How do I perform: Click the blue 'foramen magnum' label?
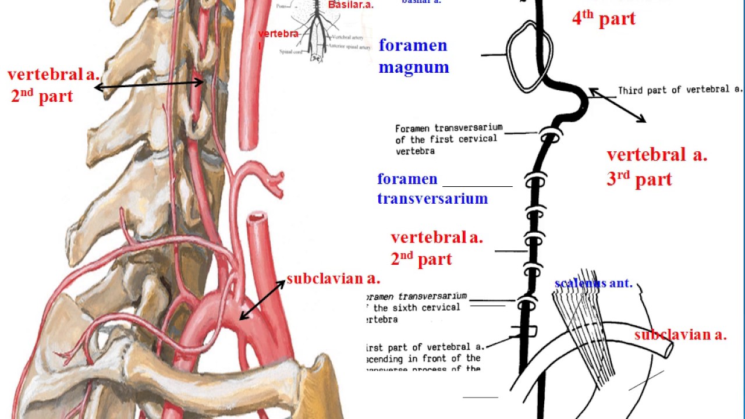tap(414, 56)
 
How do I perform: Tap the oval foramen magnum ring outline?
tap(507, 44)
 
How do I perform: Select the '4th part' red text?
tap(604, 18)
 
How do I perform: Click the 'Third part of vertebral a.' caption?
tap(680, 90)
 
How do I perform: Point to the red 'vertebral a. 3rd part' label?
tap(657, 167)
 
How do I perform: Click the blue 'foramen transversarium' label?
tap(432, 189)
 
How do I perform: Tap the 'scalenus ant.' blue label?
tap(593, 283)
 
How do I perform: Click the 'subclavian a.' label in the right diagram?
tap(680, 335)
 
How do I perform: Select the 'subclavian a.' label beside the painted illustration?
tap(333, 279)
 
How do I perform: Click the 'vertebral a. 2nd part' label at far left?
tap(53, 85)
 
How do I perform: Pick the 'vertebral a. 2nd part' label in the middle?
tap(437, 248)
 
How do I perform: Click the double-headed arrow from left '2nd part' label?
tap(149, 85)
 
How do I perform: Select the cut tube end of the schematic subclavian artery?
tap(668, 350)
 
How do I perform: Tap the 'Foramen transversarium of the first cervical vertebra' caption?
tap(448, 139)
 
